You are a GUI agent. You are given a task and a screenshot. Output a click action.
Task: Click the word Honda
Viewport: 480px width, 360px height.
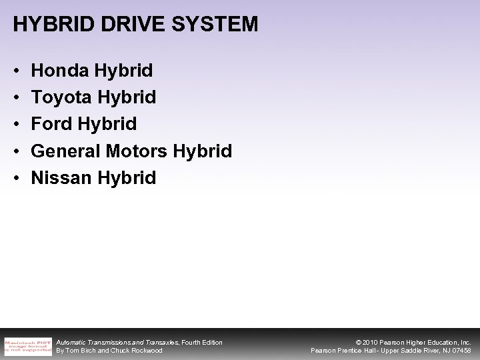(x=60, y=70)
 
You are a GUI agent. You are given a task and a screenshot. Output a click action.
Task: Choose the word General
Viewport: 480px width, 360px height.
(x=67, y=151)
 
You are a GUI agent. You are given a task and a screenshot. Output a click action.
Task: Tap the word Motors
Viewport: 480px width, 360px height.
(x=138, y=151)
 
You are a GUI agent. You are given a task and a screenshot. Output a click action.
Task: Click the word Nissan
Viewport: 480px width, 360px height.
(x=62, y=178)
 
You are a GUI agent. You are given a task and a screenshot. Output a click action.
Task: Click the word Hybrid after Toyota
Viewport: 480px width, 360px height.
(x=127, y=97)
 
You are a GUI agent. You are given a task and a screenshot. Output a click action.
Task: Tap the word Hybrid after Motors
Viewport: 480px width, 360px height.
(x=203, y=151)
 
